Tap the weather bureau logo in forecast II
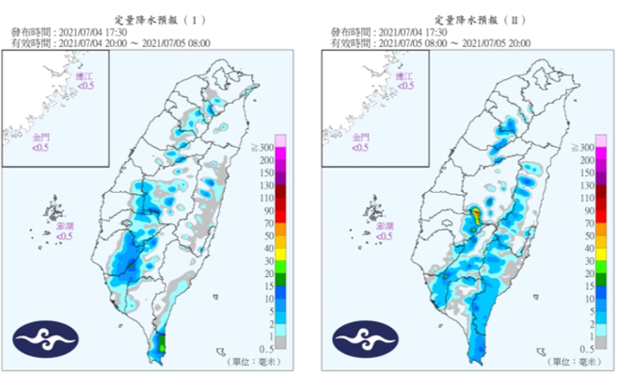361,338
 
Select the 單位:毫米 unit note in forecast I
251,361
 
